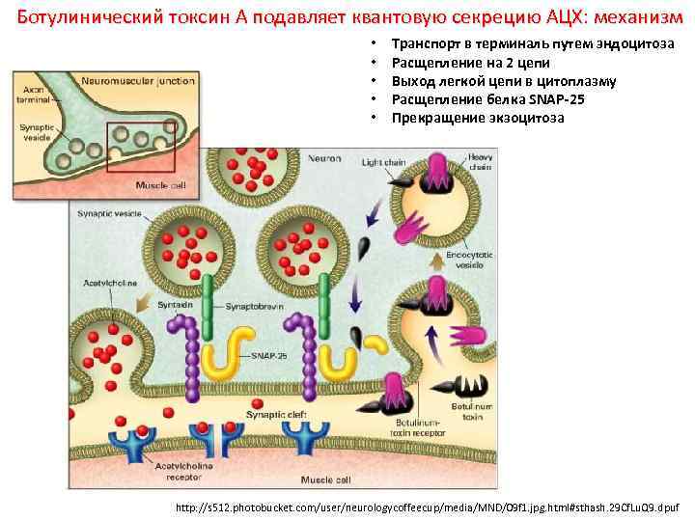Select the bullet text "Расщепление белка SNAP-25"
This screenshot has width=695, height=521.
coord(487,100)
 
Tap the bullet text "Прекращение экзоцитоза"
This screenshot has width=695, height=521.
coord(478,119)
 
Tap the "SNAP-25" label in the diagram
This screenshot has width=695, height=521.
coord(269,355)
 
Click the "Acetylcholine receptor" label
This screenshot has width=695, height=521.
coord(181,470)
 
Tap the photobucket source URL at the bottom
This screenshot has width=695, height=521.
coord(429,505)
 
